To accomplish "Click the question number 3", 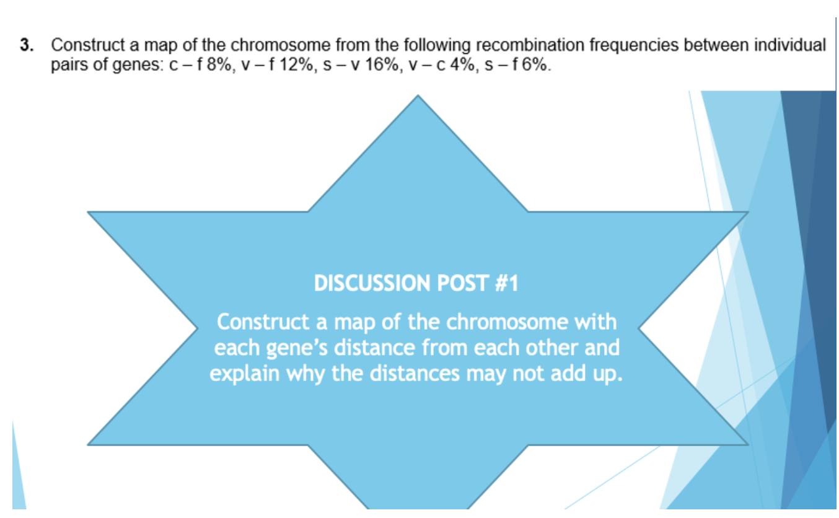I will [25, 45].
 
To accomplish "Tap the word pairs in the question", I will [69, 64].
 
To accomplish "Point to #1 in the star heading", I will [506, 284].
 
